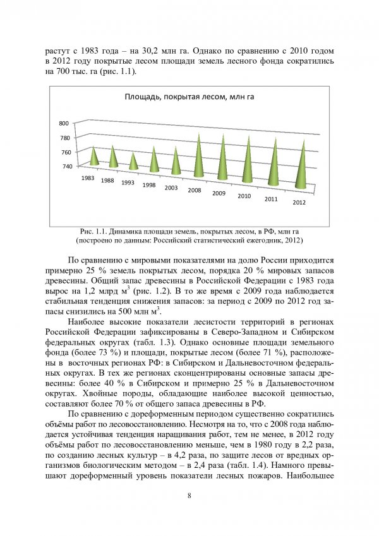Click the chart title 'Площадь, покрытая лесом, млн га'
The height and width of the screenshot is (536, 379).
(x=189, y=97)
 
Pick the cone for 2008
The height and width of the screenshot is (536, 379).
(x=198, y=159)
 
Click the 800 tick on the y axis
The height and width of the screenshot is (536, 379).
(x=64, y=123)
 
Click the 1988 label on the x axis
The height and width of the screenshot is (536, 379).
(x=107, y=181)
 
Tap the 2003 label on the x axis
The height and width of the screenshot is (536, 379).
(x=171, y=188)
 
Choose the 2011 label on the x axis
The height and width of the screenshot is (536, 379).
(x=271, y=200)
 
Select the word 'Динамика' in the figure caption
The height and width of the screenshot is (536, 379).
(x=127, y=232)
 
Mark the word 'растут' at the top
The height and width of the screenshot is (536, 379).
(x=58, y=49)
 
